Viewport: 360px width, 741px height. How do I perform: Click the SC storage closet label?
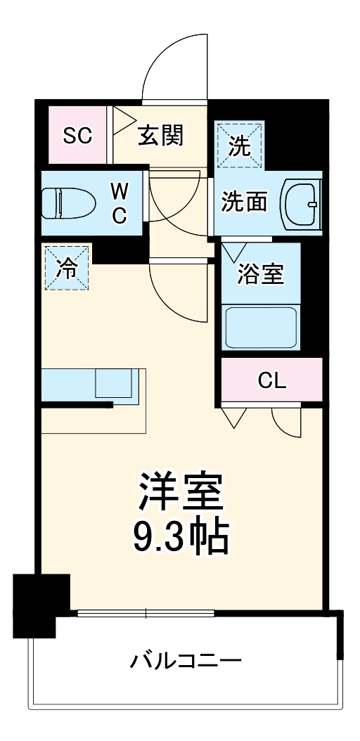77,136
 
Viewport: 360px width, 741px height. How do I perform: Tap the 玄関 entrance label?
160,136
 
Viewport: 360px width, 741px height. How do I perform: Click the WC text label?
120,203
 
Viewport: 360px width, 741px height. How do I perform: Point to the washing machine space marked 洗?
240,146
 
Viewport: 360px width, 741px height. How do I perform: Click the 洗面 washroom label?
244,202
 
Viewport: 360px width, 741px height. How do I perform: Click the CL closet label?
272,380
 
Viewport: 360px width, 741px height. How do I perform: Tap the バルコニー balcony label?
186,661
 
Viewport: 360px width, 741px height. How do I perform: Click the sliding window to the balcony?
146,614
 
